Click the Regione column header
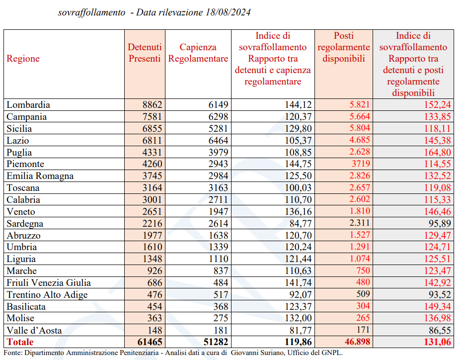[x=23, y=59]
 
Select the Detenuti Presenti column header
[x=145, y=53]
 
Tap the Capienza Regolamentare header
[x=198, y=53]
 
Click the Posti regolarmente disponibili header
[x=343, y=47]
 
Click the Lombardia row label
[x=28, y=105]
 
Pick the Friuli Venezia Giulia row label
[x=49, y=282]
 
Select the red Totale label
[x=20, y=342]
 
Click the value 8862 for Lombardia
[x=152, y=105]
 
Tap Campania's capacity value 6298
[x=217, y=117]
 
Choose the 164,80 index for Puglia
[x=436, y=152]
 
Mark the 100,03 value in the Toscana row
[x=298, y=188]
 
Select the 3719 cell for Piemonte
[x=360, y=164]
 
